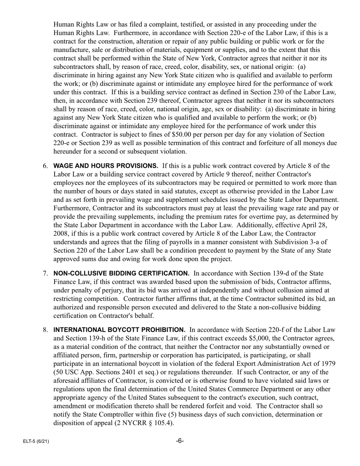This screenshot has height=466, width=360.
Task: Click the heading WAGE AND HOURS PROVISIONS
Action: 106,166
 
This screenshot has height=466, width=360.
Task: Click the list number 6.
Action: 45,166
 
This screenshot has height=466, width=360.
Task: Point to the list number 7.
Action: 45,273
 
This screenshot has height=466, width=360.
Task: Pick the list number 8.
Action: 45,330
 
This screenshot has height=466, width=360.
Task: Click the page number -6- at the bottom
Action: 180,441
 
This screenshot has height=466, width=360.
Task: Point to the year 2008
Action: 61,234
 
